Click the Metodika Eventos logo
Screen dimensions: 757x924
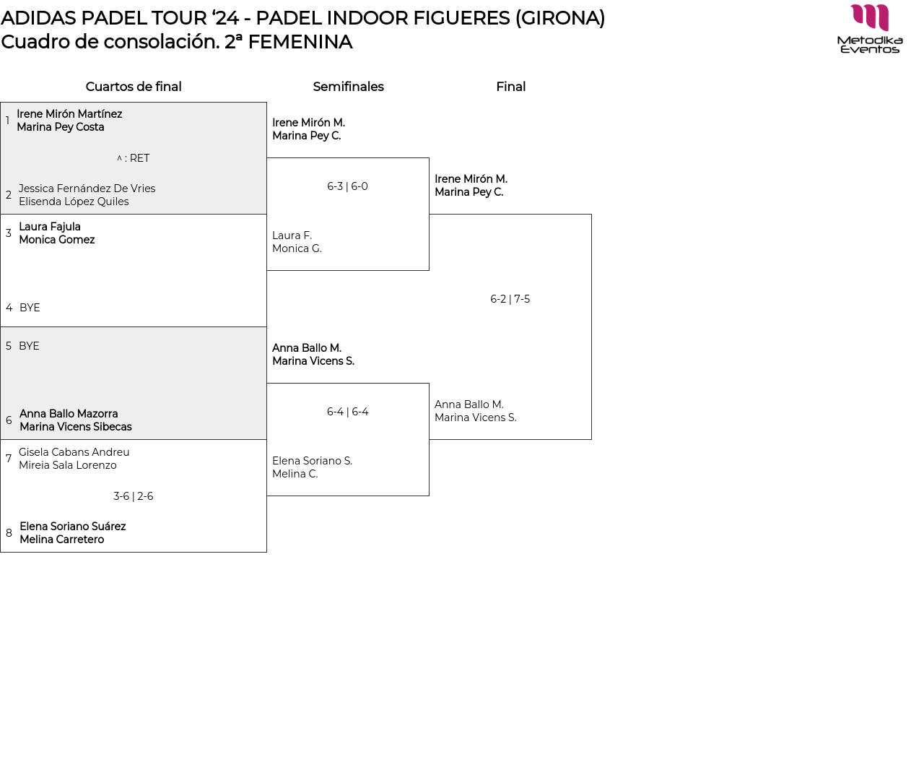[870, 29]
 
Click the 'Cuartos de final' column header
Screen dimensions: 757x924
[134, 87]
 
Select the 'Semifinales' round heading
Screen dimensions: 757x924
[348, 87]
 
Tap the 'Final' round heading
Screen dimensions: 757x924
[510, 87]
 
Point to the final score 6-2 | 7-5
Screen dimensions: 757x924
[510, 299]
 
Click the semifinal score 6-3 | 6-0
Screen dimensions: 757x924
[347, 186]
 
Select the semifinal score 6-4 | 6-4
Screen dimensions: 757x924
[347, 412]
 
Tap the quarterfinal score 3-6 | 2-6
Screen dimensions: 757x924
[133, 496]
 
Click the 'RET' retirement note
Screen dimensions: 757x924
[139, 158]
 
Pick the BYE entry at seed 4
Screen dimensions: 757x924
[30, 308]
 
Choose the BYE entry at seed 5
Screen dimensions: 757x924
[29, 346]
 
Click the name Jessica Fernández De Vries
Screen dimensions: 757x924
[87, 189]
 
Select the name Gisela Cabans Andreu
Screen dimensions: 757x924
[74, 452]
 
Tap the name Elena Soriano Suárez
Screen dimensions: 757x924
[72, 527]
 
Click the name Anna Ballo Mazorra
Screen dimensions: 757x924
[69, 414]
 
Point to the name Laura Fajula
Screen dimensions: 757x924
[50, 227]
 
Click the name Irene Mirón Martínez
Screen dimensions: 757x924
[69, 114]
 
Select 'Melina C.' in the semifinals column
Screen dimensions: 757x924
[295, 474]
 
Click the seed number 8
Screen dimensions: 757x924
[9, 533]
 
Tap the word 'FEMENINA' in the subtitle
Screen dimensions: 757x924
[300, 42]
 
